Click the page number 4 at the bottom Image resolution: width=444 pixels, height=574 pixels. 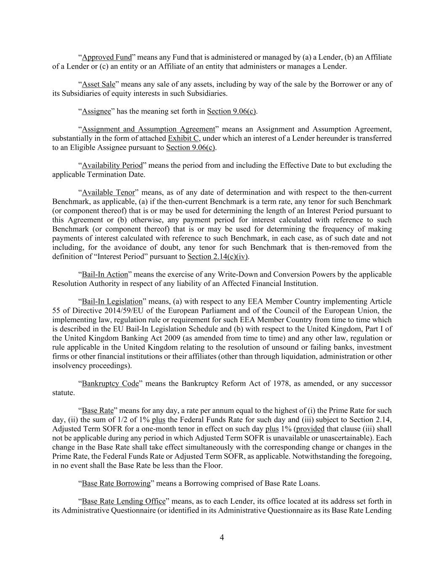pyautogui.click(x=222, y=537)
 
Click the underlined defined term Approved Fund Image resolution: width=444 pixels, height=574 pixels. pyautogui.click(x=107, y=57)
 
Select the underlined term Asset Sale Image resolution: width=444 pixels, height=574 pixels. pyautogui.click(x=98, y=84)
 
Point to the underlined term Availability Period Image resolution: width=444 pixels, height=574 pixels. pyautogui.click(x=112, y=165)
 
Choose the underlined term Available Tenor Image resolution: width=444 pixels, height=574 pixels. pyautogui.click(x=109, y=193)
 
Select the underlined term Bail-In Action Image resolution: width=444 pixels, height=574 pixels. pyautogui.click(x=105, y=275)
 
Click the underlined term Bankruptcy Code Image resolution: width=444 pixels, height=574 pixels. pyautogui.click(x=110, y=384)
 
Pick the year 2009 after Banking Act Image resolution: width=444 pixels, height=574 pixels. pyautogui.click(x=179, y=338)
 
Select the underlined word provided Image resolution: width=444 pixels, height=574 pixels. pyautogui.click(x=310, y=429)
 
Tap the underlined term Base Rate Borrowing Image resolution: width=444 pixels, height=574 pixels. pyautogui.click(x=116, y=483)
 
